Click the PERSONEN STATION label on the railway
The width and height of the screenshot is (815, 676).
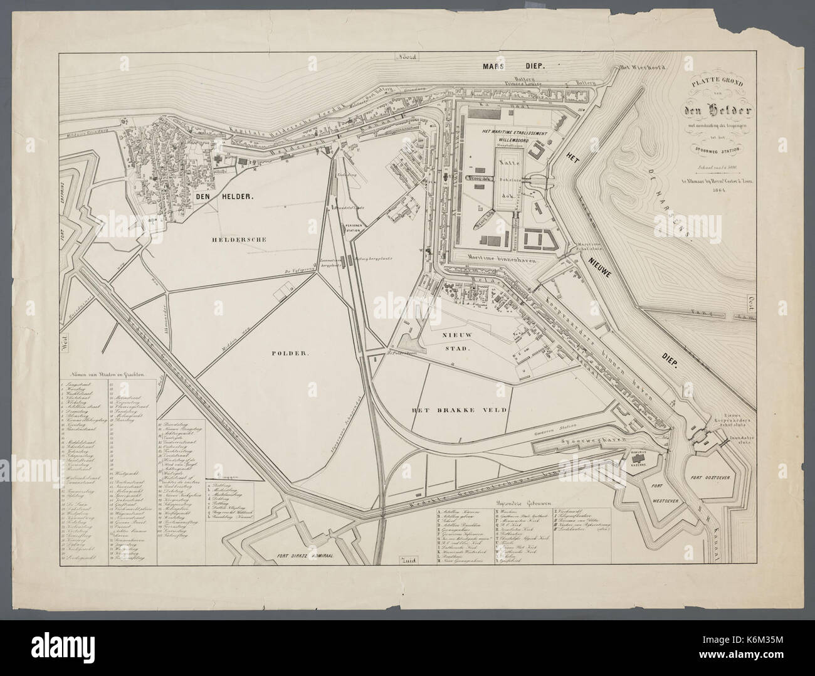click(352, 227)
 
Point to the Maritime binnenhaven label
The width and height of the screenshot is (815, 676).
click(498, 257)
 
